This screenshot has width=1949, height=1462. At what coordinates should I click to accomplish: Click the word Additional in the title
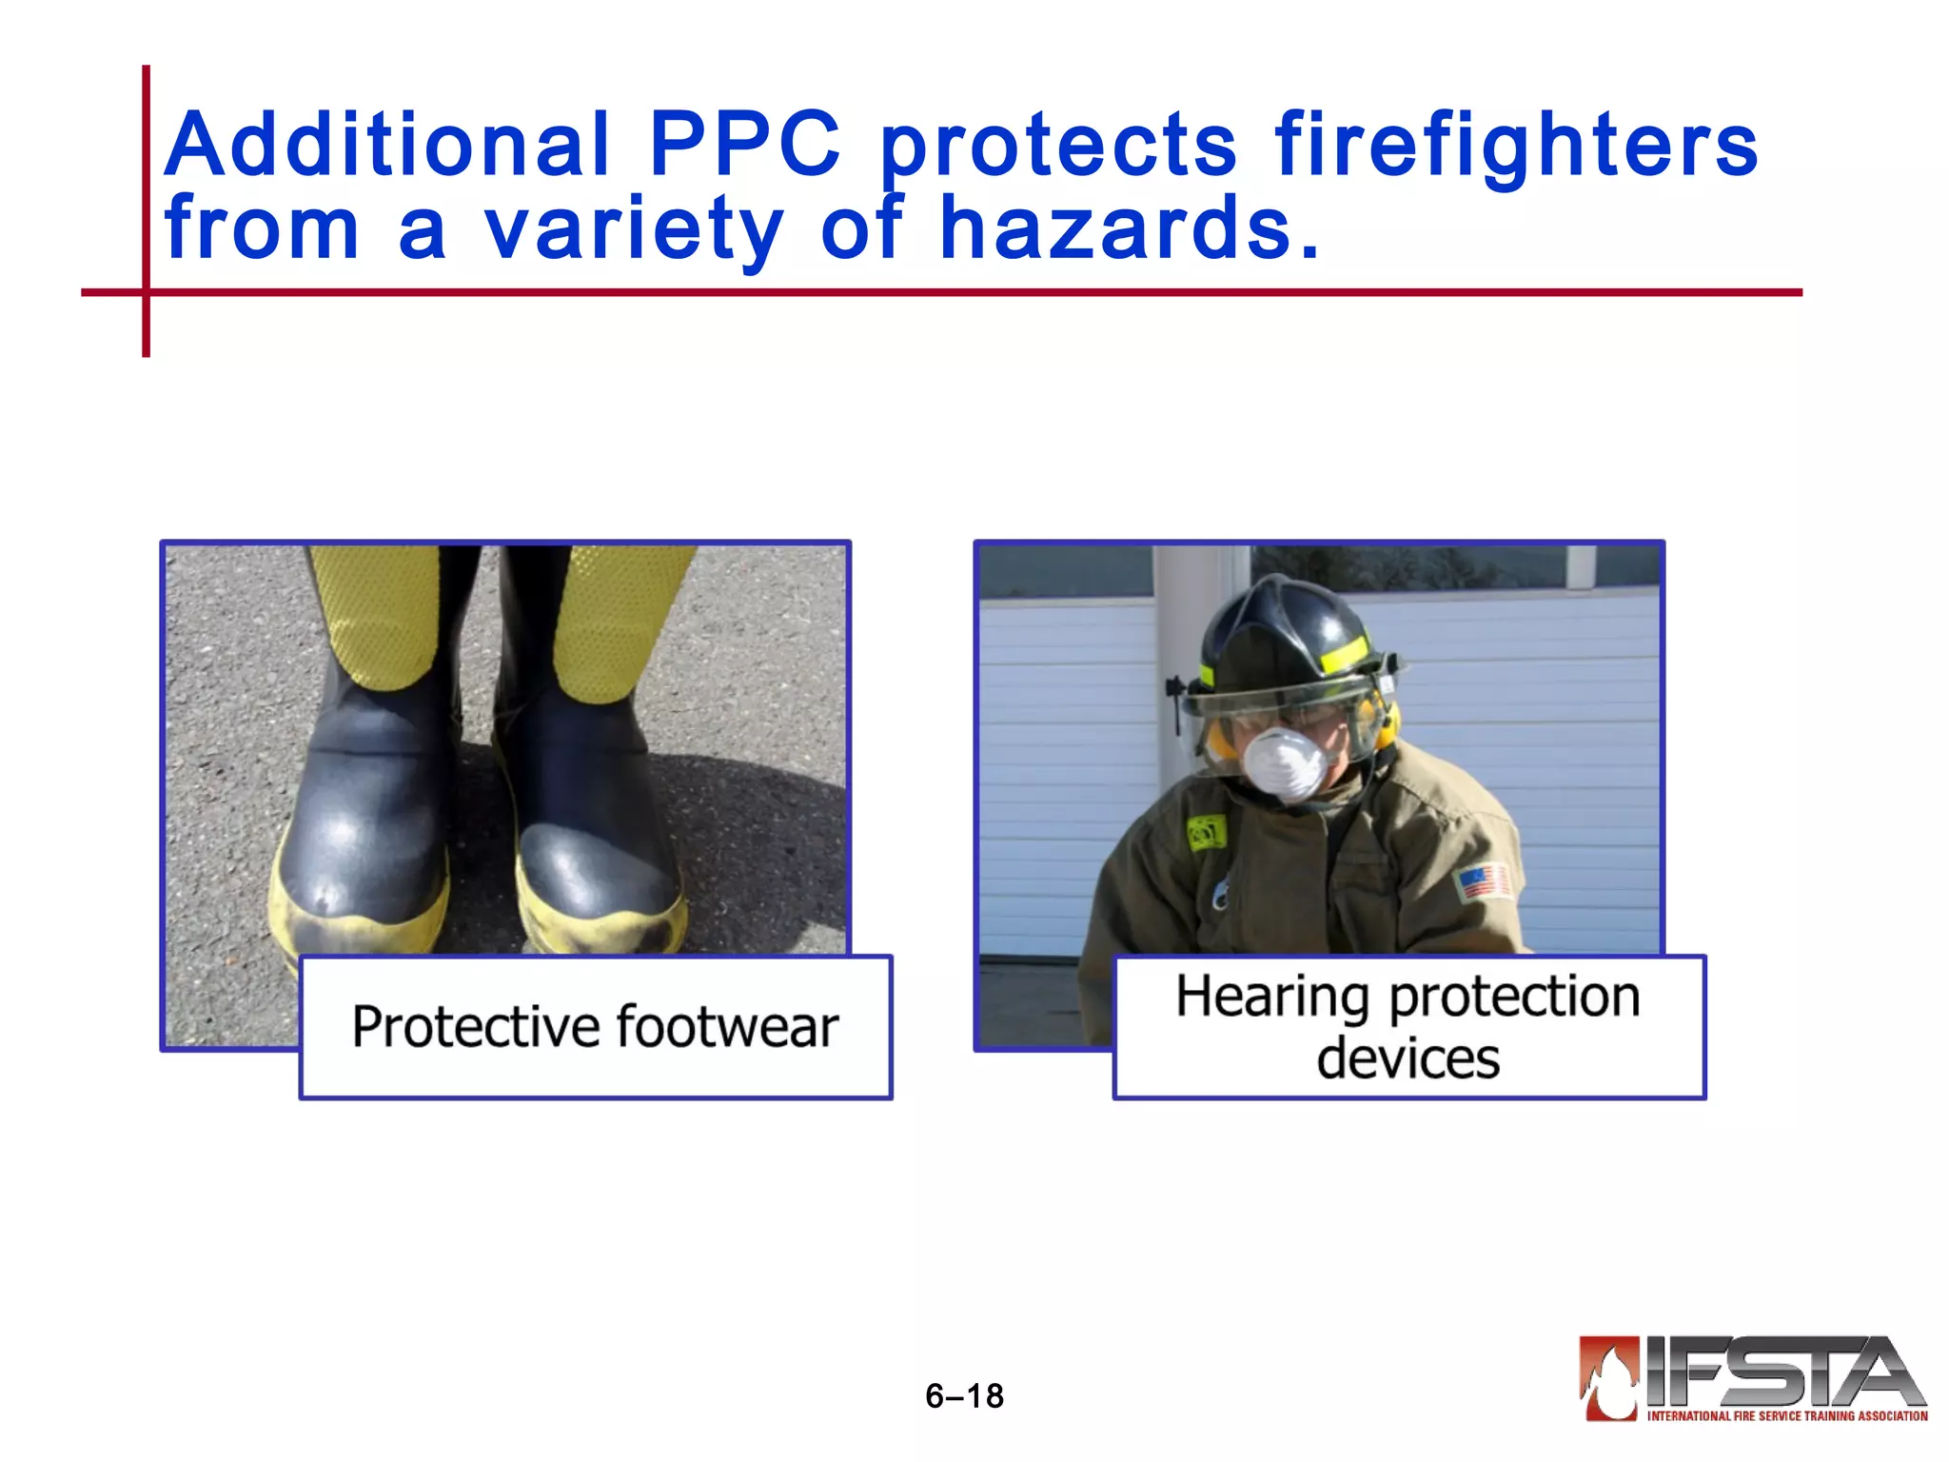coord(386,145)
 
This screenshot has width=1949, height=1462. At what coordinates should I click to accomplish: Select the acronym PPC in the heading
coord(744,145)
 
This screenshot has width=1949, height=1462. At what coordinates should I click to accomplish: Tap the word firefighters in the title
coord(1516,145)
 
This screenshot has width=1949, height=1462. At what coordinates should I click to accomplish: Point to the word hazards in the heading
coord(1129,228)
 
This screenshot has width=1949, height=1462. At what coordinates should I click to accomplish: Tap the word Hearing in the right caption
coord(1273,997)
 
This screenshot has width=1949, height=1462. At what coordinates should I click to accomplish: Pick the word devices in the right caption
coord(1408,1058)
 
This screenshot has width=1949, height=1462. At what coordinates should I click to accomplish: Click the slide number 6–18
coord(964,1395)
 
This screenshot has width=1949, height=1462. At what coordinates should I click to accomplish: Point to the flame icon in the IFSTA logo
coord(1609,1376)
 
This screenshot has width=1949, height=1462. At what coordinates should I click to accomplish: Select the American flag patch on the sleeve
coord(1485,880)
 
